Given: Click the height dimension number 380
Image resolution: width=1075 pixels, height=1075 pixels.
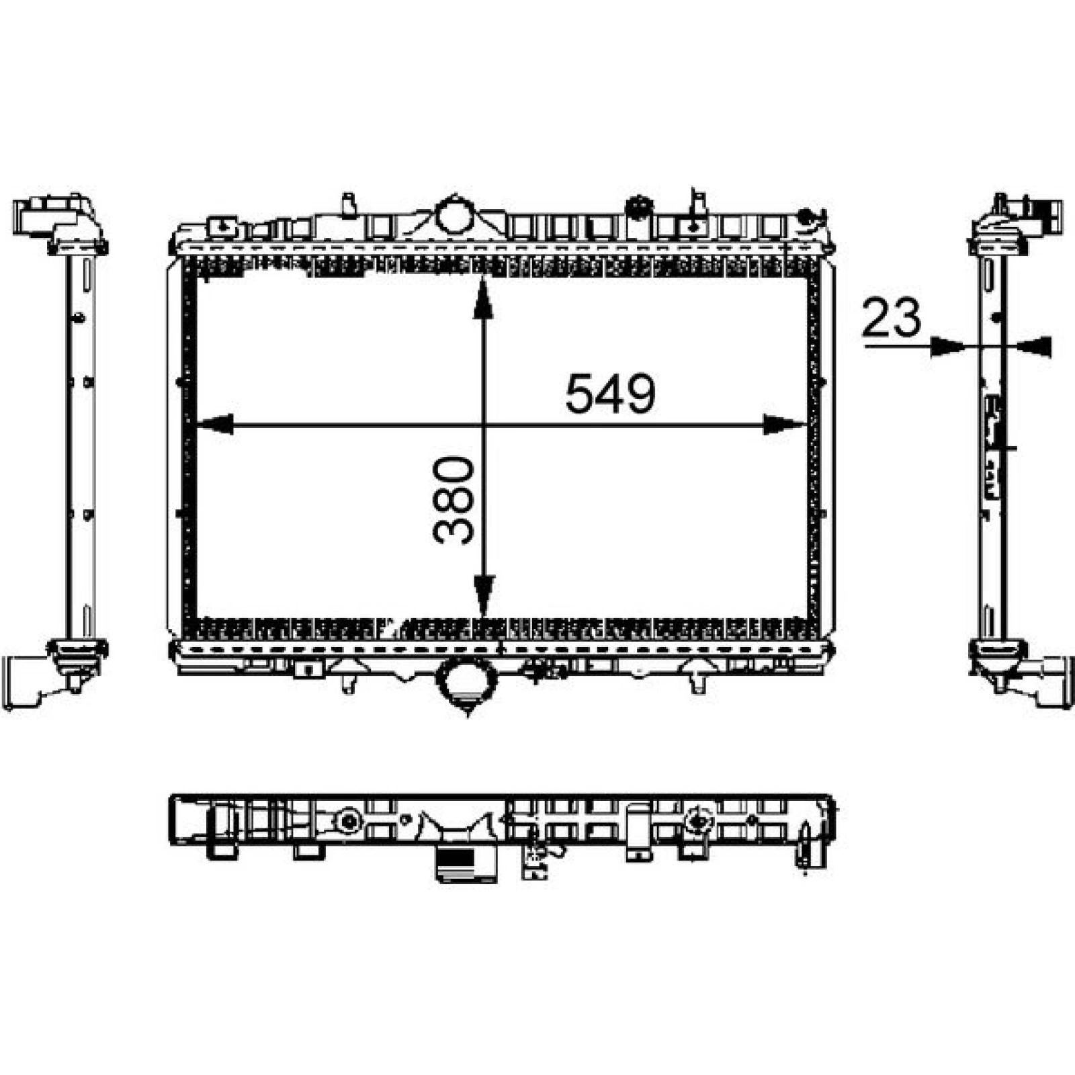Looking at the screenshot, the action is pos(454,499).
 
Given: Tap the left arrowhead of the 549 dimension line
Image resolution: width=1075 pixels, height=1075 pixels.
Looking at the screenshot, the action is pos(213,425).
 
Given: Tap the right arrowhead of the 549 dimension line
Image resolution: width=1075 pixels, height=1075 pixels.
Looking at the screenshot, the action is pos(784,425).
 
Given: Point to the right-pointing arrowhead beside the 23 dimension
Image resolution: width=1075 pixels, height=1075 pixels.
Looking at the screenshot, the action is pos(948,347).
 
